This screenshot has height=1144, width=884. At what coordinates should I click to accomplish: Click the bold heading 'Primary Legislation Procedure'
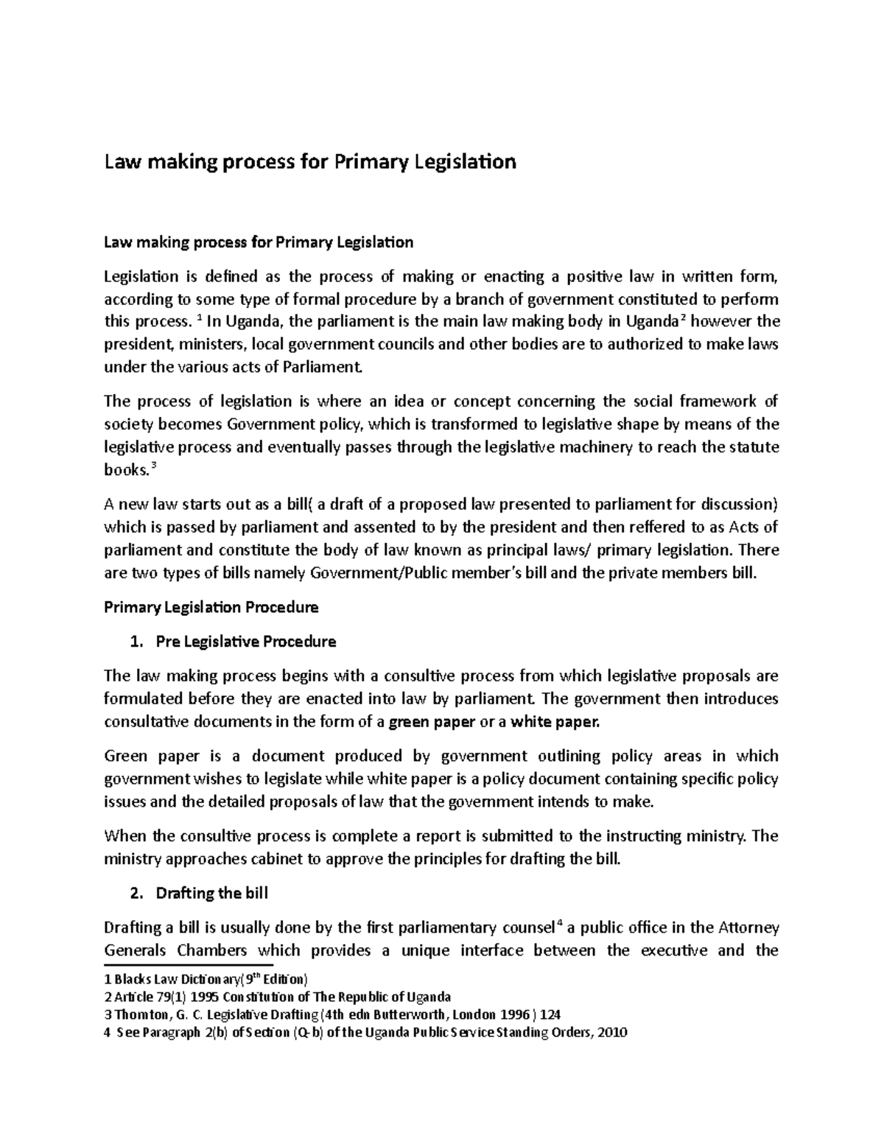click(211, 608)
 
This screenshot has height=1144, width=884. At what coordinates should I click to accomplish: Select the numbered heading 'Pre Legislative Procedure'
click(245, 642)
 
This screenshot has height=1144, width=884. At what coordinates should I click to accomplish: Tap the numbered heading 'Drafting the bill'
click(211, 894)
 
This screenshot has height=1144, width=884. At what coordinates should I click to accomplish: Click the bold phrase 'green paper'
click(432, 722)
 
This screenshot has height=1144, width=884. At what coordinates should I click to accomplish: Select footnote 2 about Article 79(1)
click(278, 997)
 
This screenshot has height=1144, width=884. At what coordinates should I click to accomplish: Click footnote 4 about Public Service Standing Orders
click(365, 1032)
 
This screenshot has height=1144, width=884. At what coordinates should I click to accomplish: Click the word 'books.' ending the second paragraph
click(126, 470)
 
